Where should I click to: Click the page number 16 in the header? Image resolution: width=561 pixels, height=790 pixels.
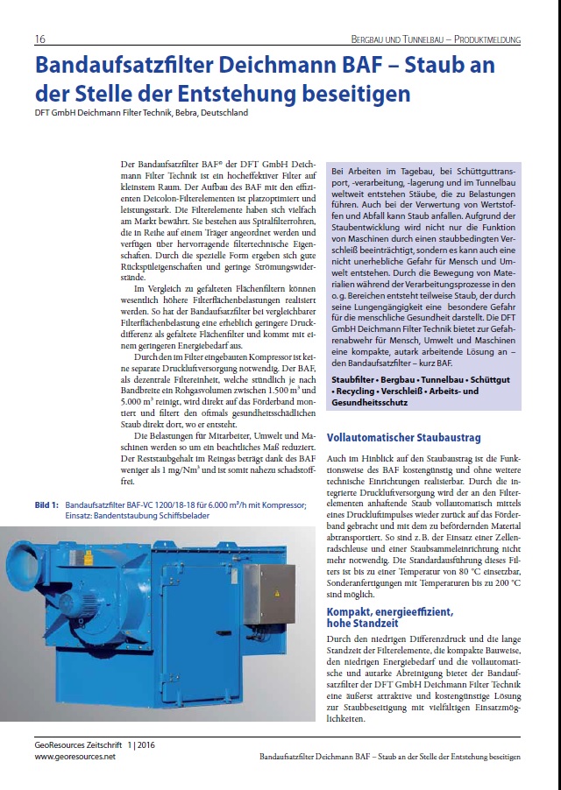[x=40, y=39]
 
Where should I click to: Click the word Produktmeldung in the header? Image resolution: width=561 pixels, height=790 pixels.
[x=485, y=39]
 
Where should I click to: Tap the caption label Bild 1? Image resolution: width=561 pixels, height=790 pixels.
[x=46, y=504]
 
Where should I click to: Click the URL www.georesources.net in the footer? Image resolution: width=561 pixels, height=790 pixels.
[x=75, y=756]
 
